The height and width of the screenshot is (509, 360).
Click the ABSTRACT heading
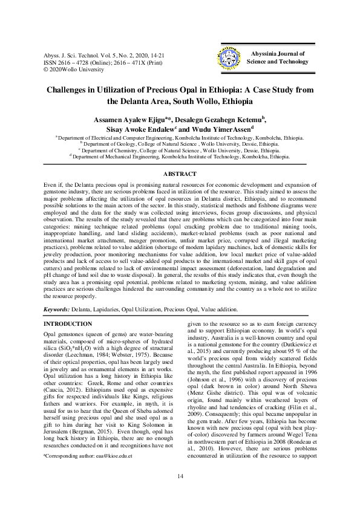(180, 175)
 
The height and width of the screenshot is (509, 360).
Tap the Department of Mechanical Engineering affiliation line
(180, 156)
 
